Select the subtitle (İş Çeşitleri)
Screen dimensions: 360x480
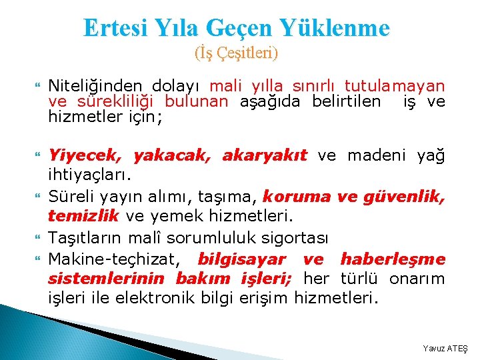(236, 52)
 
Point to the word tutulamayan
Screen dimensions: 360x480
(395, 86)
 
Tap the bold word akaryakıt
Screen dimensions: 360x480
(264, 156)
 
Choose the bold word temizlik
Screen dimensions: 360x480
(83, 216)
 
